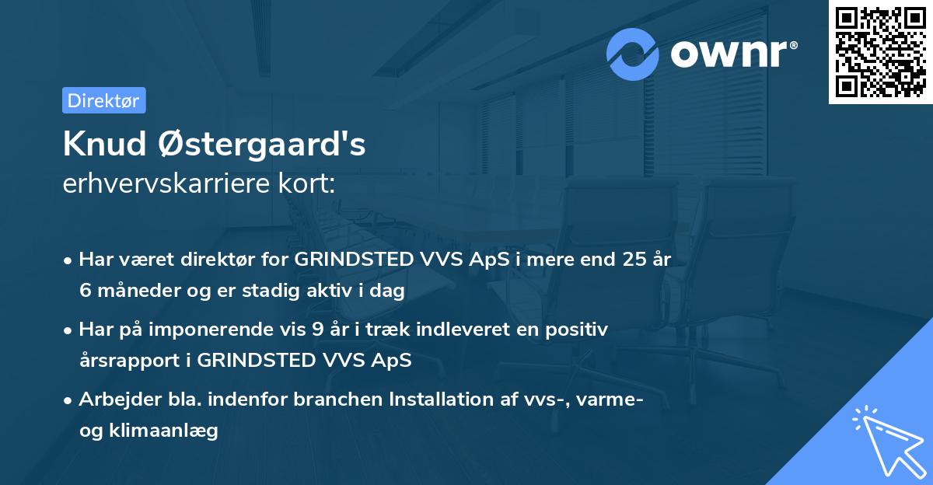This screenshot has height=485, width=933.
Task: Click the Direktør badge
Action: coord(103,100)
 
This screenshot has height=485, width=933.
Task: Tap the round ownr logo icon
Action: coord(633,54)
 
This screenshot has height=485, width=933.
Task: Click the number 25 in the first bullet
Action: coord(630,260)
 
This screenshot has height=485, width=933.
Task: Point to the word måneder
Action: coord(132,291)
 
